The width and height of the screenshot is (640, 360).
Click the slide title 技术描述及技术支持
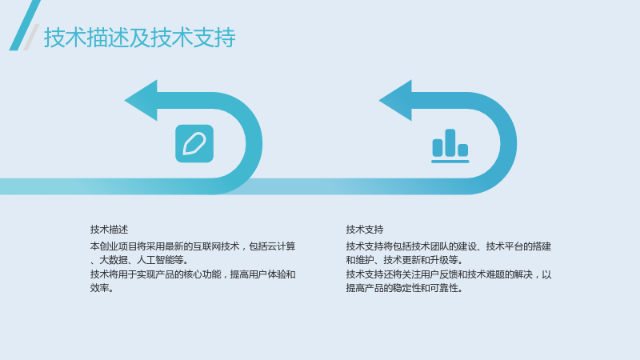tap(139, 38)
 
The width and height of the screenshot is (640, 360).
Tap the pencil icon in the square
tap(194, 144)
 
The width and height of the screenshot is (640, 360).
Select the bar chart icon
tap(450, 146)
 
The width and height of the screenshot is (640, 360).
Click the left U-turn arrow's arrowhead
tap(141, 101)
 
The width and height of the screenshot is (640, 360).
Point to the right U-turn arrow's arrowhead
tap(395, 101)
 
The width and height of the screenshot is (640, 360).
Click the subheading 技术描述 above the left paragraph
tap(109, 230)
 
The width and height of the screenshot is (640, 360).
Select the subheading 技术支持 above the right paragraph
tap(365, 230)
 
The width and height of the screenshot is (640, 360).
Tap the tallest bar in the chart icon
tap(450, 142)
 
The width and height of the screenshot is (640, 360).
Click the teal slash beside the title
tap(25, 26)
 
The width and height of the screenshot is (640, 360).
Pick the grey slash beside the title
tap(31, 37)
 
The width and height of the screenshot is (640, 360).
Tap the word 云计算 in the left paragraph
tap(282, 246)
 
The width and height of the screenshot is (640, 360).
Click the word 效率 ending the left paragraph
tap(99, 288)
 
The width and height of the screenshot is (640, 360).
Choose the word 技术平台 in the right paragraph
tap(505, 246)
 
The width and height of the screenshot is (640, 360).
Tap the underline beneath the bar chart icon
tap(450, 162)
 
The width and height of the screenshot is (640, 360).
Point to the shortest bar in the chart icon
tap(463, 150)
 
